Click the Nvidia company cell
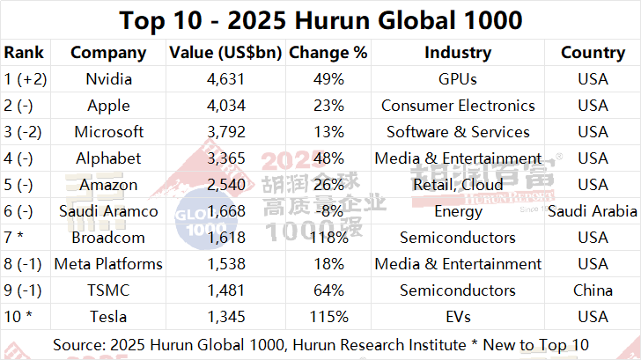point(108,79)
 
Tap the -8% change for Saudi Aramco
point(328,211)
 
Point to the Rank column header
point(24,53)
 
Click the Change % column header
point(328,53)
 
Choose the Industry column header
point(458,53)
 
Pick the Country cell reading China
point(593,290)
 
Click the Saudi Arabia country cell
point(593,211)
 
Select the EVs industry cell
point(458,317)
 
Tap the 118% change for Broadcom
point(328,238)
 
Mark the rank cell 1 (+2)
point(26,79)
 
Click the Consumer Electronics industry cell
point(458,106)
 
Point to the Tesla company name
point(108,317)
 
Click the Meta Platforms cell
point(108,264)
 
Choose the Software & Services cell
point(458,132)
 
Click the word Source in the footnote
point(80,343)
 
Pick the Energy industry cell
point(458,211)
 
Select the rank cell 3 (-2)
point(26,132)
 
